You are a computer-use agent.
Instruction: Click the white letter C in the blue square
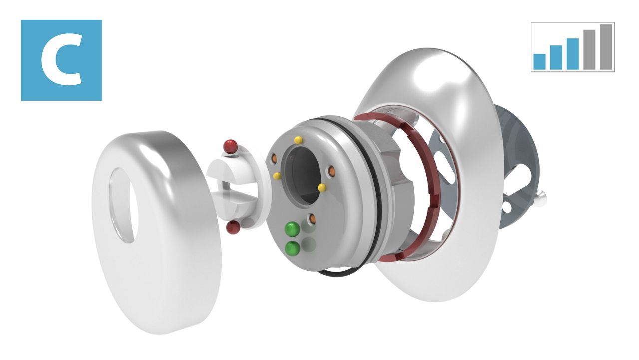pyautogui.click(x=61, y=60)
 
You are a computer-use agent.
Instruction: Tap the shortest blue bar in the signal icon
pyautogui.click(x=539, y=61)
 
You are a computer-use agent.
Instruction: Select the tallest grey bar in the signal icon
pyautogui.click(x=606, y=47)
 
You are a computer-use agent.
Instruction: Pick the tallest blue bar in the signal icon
pyautogui.click(x=572, y=54)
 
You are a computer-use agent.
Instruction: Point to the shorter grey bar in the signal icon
pyautogui.click(x=589, y=49)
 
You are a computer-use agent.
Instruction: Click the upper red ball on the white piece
pyautogui.click(x=231, y=146)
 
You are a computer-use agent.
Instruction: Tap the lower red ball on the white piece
pyautogui.click(x=233, y=227)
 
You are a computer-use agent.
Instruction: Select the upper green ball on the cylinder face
pyautogui.click(x=293, y=229)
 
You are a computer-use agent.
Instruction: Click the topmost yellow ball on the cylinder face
pyautogui.click(x=298, y=140)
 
